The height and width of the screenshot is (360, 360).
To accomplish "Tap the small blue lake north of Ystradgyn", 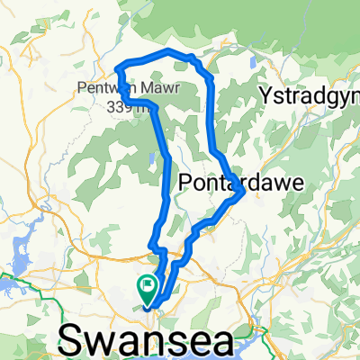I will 256,65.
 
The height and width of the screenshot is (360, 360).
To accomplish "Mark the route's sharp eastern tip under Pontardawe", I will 245,191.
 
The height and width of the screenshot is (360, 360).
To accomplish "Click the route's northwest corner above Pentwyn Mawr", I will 119,65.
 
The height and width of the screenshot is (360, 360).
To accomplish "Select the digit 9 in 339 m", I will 113,103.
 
